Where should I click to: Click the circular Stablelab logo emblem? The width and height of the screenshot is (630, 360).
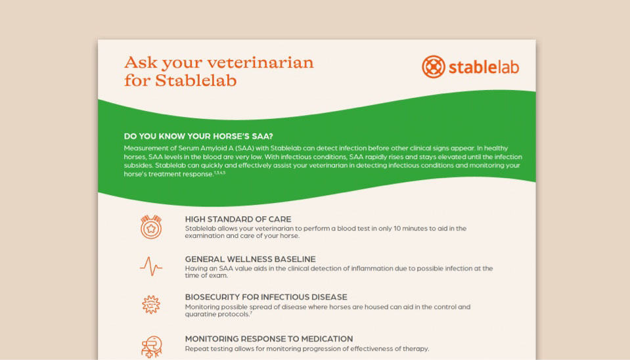coord(434,67)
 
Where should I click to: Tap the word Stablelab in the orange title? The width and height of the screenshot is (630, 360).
coord(196,80)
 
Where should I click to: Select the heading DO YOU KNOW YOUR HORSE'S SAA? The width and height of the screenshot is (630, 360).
coord(198,136)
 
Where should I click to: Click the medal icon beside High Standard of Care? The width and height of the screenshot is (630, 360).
coord(151,227)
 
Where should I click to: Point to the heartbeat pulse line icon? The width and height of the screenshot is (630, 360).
coord(151,266)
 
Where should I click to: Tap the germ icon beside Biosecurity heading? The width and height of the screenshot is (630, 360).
coord(151,305)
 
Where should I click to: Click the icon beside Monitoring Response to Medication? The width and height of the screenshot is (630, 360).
coord(152,347)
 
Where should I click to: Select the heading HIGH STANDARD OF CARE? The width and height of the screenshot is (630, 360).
coord(238,219)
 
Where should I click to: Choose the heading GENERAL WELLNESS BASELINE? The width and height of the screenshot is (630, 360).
coord(250,259)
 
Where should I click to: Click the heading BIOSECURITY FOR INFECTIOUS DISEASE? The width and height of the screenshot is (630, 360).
coord(266,298)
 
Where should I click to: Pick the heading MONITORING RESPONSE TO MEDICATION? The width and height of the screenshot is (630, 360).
coord(269,339)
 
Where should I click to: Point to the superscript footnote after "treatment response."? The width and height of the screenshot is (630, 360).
coord(220,173)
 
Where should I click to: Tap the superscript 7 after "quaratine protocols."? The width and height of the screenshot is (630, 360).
coord(251,313)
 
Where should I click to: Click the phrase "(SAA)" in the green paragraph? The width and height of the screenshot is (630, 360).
coord(244,148)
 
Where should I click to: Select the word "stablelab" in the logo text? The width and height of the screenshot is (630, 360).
coord(484,67)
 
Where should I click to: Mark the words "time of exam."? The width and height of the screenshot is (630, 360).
coord(206,276)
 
